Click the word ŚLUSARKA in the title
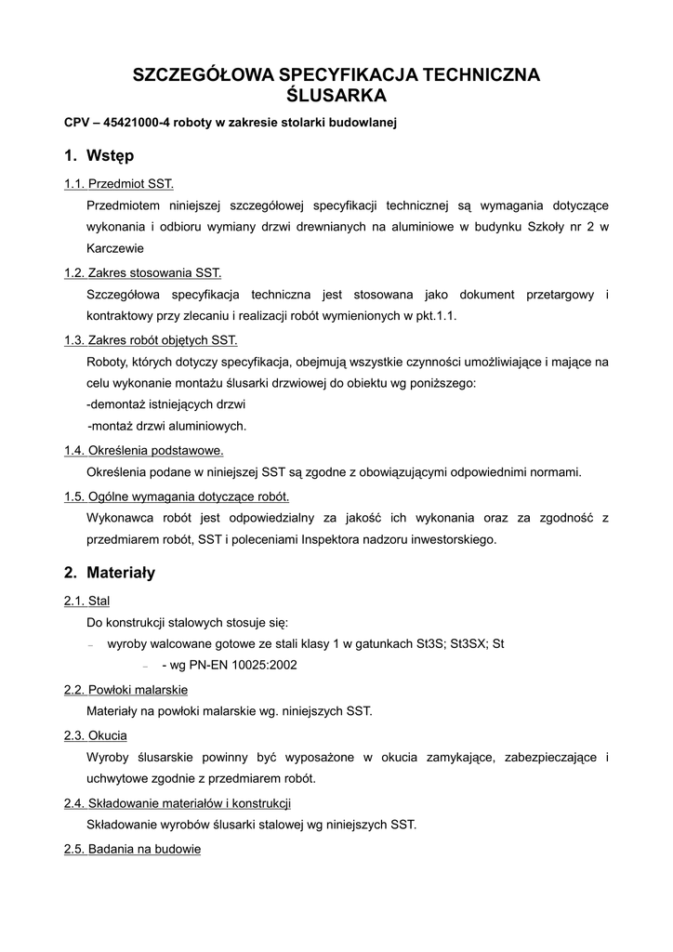tap(336, 95)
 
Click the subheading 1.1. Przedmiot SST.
tap(119, 183)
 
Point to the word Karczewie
tap(115, 249)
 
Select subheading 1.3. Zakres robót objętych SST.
tap(151, 339)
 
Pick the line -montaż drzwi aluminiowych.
tap(167, 426)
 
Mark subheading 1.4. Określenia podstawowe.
tap(143, 450)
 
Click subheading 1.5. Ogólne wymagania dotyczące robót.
tap(177, 495)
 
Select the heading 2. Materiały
tap(110, 573)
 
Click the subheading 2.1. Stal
tap(86, 601)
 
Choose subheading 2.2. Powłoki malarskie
tap(125, 690)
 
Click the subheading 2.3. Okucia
tap(95, 734)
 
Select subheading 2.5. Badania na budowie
tap(132, 849)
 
